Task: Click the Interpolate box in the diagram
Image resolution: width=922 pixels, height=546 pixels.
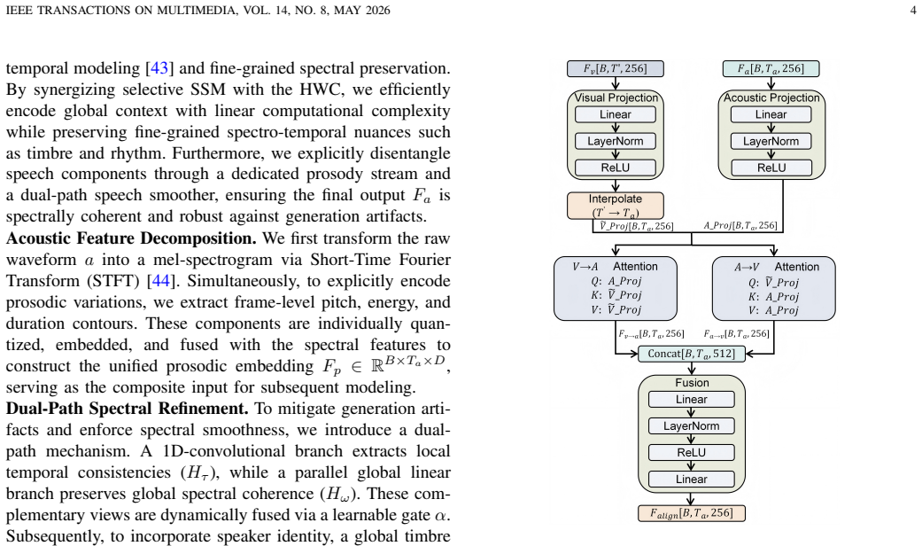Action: click(615, 206)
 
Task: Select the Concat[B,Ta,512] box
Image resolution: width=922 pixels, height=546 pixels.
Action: click(692, 354)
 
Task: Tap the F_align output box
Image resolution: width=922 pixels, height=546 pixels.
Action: click(692, 513)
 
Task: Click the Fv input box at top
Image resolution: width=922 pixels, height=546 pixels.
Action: click(615, 69)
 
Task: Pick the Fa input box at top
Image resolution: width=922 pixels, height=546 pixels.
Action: click(771, 69)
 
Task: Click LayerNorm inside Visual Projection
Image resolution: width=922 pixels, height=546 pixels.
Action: click(615, 141)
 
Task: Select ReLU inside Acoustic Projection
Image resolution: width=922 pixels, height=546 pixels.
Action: click(771, 168)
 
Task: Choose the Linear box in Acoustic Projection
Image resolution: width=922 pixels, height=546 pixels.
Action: click(771, 114)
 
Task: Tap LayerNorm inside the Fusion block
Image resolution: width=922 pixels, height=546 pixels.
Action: click(692, 426)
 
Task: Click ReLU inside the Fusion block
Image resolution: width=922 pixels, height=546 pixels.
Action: click(692, 452)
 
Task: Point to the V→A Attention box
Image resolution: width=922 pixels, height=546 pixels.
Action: click(615, 288)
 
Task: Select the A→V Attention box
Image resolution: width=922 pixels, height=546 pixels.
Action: click(774, 288)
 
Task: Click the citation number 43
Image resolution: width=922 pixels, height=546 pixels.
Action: click(159, 68)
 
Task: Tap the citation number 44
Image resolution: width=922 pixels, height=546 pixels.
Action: click(161, 281)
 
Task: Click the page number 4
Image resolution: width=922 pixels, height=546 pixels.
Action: click(912, 10)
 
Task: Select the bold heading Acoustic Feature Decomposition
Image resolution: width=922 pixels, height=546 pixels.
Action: click(131, 238)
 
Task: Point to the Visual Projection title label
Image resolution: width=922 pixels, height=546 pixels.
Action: click(616, 97)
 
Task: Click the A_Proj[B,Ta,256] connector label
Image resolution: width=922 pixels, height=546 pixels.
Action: click(740, 225)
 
